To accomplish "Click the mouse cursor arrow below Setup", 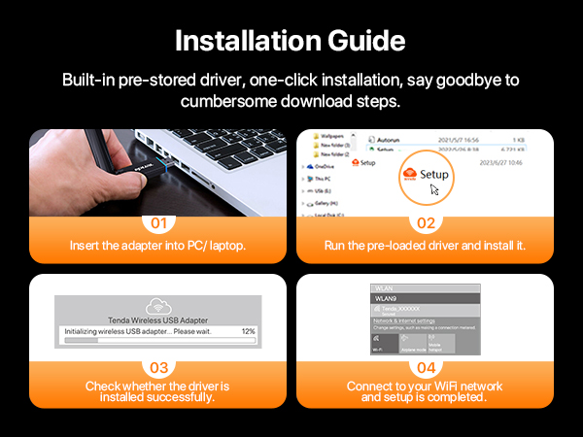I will pos(434,190).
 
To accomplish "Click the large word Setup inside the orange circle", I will pos(434,174).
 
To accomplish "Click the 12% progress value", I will pos(248,331).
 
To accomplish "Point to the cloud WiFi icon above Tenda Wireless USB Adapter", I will pos(157,304).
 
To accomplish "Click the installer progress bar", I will pos(155,342).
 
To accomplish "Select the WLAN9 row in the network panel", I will pos(424,298).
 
